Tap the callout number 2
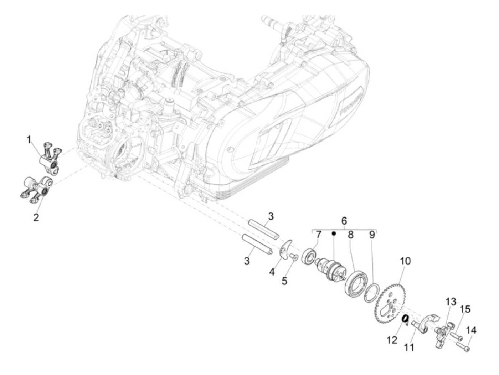pos(36,217)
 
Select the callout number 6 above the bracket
pos(344,221)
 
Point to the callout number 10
pos(405,261)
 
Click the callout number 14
pos(471,331)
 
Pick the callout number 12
pos(392,340)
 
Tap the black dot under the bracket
pos(334,233)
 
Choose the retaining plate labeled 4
pos(284,248)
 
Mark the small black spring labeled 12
pos(405,319)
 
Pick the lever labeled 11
pos(426,320)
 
